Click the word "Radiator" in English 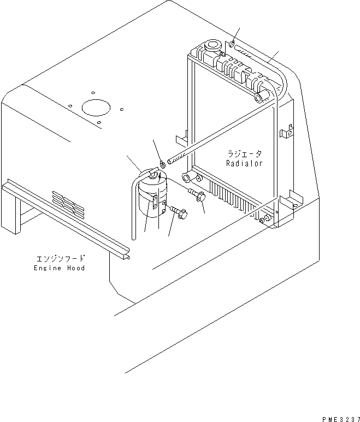[x=244, y=163]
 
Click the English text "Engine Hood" [x=59, y=268]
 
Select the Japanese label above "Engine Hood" [x=59, y=259]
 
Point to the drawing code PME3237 [x=337, y=418]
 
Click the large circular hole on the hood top [x=96, y=107]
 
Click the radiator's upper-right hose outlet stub [x=261, y=97]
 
